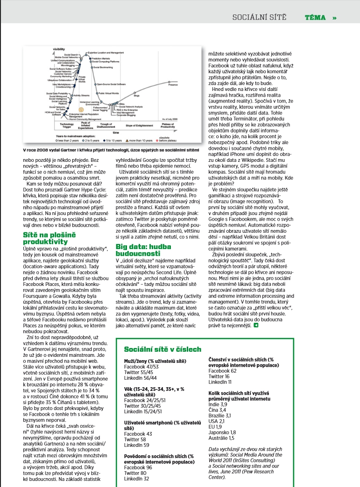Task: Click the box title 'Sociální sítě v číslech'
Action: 162,349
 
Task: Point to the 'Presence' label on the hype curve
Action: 173,85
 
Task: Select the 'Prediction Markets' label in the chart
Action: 100,58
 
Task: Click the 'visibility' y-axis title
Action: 59,49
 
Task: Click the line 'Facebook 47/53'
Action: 139,367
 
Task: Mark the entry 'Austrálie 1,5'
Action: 222,438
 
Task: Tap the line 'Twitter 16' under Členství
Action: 219,376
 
